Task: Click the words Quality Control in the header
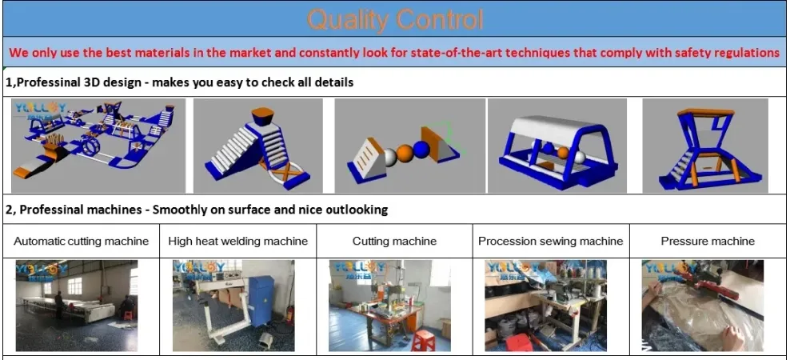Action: point(395,19)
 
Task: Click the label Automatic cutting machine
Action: point(82,241)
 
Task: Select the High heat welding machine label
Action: point(237,241)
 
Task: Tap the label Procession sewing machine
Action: point(550,241)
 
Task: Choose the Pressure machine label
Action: point(708,241)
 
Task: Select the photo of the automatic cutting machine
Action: point(77,305)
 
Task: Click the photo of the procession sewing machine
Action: point(545,305)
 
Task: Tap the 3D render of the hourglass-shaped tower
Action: point(704,145)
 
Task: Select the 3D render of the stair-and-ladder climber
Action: point(258,145)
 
